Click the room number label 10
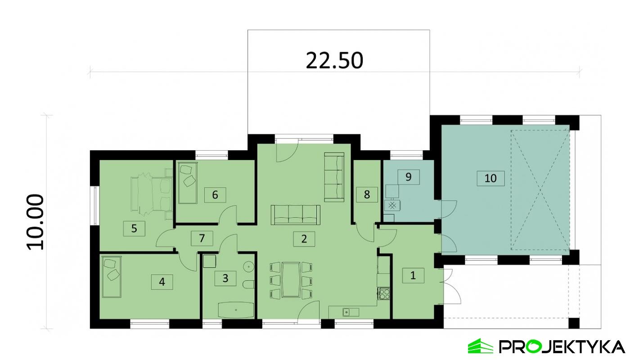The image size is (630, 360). point(490,178)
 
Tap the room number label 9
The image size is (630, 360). point(408,176)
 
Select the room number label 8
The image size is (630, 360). point(367,195)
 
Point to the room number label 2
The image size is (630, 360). point(304,239)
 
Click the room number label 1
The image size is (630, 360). point(413,275)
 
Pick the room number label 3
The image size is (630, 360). point(225,279)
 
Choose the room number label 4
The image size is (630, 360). point(162,282)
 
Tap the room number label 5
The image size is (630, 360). point(134,229)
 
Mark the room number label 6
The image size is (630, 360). point(215,195)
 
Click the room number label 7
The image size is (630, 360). point(202,238)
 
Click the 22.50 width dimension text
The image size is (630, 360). point(334,61)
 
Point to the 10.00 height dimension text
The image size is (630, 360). point(36,222)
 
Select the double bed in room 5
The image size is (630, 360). point(151,194)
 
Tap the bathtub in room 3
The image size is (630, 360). point(236,310)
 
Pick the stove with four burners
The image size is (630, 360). point(384,294)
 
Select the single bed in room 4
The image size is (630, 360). point(112,277)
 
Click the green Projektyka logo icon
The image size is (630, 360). point(481,346)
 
